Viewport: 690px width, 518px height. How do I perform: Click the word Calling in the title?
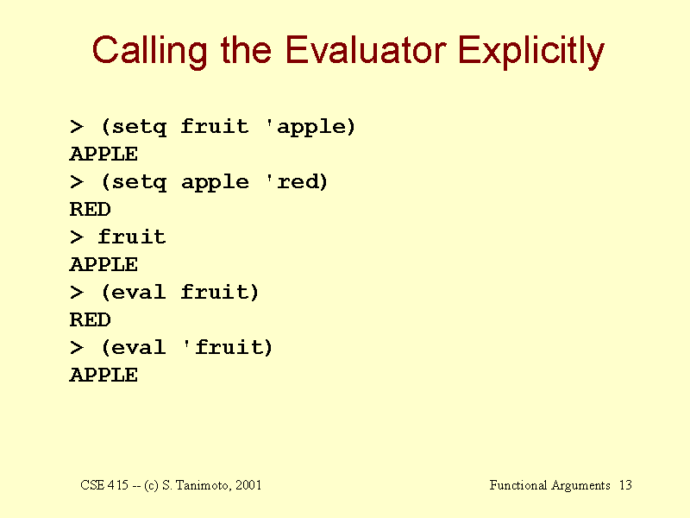[149, 52]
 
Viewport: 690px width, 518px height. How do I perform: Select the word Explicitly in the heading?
[531, 52]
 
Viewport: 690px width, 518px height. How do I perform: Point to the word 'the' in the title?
[246, 50]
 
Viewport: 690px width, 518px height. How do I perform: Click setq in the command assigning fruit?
[140, 127]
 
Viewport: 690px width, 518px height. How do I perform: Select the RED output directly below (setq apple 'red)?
[91, 209]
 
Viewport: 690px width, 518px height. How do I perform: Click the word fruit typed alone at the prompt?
[132, 237]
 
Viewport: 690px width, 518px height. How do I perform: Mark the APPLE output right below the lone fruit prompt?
[103, 265]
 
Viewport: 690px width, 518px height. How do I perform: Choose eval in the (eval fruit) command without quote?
[139, 293]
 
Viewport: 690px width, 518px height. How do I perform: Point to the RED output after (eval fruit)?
[91, 319]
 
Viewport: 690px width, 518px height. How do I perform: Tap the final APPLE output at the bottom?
[103, 376]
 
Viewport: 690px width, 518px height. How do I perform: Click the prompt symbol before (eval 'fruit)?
[77, 348]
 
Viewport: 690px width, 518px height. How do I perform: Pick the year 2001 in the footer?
[248, 485]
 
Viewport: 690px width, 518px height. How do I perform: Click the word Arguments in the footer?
[580, 486]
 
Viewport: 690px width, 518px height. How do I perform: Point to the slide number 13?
[626, 485]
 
